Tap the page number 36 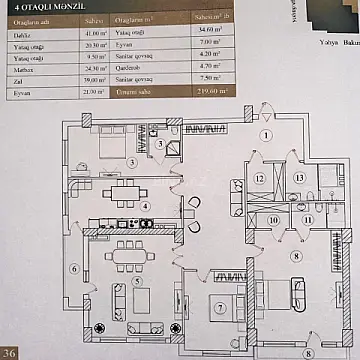click(10, 351)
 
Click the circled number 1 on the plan click(266, 163)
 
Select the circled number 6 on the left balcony click(74, 268)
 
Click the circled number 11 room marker click(308, 219)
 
